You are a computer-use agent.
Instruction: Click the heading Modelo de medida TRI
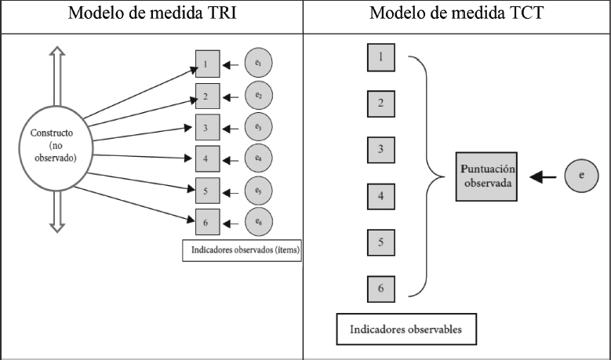151,16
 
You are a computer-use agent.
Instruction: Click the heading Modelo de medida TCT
457,16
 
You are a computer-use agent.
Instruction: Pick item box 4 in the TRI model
206,158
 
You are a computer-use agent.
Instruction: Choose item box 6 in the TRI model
206,222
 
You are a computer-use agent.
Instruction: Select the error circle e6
258,222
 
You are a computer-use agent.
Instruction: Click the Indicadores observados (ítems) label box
242,251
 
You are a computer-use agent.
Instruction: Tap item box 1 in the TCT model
380,56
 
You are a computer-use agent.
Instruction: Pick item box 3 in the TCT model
380,150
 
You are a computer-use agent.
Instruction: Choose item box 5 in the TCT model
380,243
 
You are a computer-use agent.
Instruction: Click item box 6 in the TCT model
380,289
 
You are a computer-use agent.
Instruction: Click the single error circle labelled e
581,176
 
